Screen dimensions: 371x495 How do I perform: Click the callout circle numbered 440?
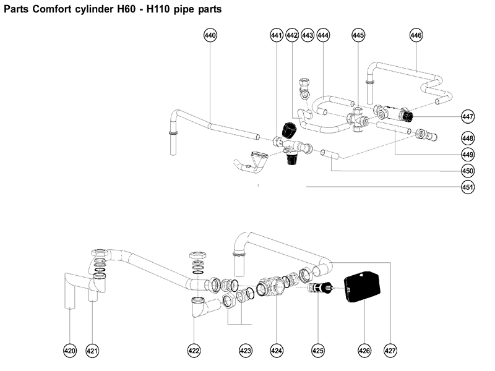pyautogui.click(x=210, y=36)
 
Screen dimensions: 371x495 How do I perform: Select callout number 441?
pyautogui.click(x=277, y=36)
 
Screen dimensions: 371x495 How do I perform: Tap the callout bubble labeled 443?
pyautogui.click(x=308, y=36)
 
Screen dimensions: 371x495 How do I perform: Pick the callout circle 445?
pyautogui.click(x=358, y=36)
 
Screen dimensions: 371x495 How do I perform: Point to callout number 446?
pyautogui.click(x=416, y=36)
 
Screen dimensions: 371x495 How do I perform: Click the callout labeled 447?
pyautogui.click(x=468, y=116)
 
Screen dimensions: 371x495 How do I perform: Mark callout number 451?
pyautogui.click(x=468, y=187)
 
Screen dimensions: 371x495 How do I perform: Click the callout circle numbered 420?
pyautogui.click(x=70, y=351)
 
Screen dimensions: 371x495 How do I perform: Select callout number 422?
pyautogui.click(x=194, y=351)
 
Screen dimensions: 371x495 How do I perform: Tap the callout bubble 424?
pyautogui.click(x=277, y=351)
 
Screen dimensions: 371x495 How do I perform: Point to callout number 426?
pyautogui.click(x=364, y=351)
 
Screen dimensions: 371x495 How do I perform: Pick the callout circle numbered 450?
pyautogui.click(x=468, y=171)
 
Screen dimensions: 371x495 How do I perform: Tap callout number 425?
pyautogui.click(x=317, y=351)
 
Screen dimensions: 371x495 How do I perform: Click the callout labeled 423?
pyautogui.click(x=246, y=351)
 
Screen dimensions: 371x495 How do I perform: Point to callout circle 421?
pyautogui.click(x=92, y=351)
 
